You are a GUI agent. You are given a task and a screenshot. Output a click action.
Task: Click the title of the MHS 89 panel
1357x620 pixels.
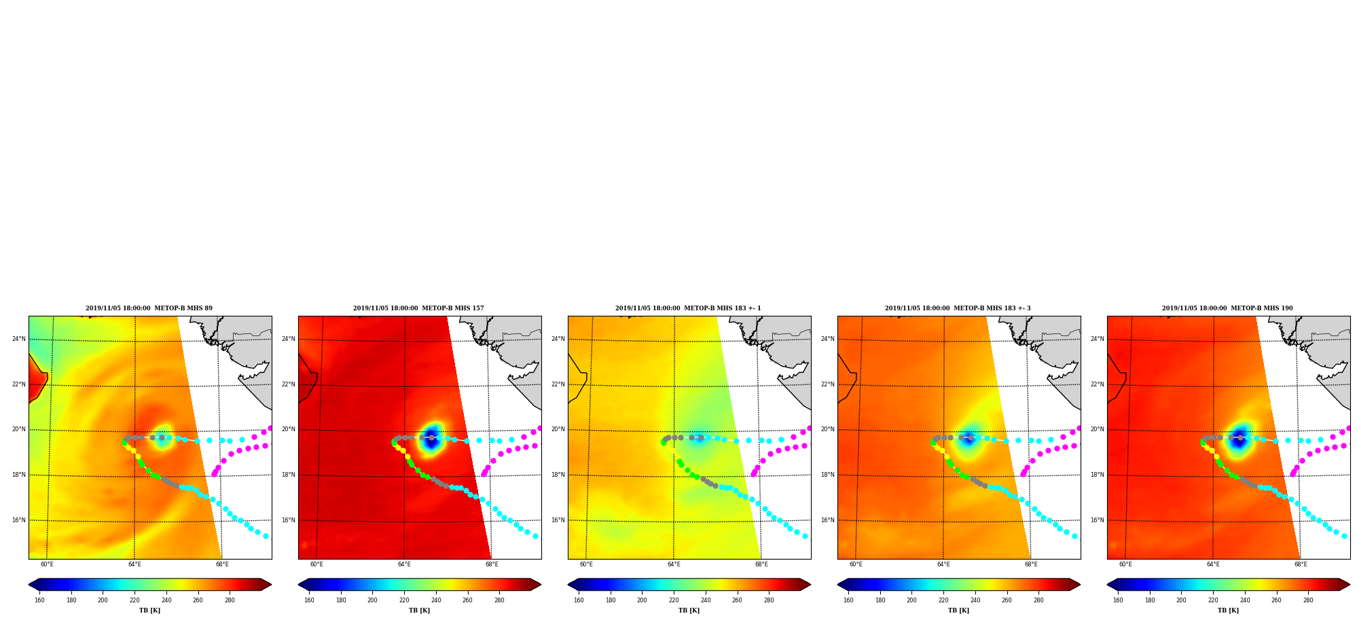(149, 308)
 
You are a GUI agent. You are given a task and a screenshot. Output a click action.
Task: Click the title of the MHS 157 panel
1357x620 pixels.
(418, 308)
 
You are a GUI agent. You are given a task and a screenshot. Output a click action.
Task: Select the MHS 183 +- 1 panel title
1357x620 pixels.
(688, 308)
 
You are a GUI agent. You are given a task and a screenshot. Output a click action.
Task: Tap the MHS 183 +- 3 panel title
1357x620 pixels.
(958, 308)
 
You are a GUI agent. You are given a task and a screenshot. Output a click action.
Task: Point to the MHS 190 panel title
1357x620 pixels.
(1227, 308)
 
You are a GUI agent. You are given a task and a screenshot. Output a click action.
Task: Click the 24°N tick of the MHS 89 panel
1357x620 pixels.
(19, 339)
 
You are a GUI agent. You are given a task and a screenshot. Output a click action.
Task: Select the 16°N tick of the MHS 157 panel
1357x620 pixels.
(289, 520)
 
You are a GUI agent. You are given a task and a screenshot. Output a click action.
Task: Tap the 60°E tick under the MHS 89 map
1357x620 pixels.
(47, 564)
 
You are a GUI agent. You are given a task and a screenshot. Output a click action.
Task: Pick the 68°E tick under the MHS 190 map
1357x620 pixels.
(1301, 564)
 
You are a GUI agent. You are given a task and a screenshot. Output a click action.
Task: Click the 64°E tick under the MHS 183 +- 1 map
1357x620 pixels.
(674, 564)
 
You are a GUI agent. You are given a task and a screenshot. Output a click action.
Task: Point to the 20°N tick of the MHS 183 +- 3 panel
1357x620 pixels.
(828, 429)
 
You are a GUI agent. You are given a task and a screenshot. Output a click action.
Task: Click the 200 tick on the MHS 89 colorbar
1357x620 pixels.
(103, 600)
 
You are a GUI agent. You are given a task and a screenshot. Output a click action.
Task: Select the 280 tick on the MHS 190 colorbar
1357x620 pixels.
(1308, 600)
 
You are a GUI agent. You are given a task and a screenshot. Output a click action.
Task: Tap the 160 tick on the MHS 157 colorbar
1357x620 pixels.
(309, 600)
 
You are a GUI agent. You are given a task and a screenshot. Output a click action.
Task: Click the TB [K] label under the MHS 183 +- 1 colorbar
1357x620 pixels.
(689, 610)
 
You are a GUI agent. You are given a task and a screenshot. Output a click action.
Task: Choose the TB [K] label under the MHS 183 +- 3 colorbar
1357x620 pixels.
(958, 610)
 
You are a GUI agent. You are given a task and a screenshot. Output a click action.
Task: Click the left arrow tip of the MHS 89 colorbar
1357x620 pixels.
(29, 585)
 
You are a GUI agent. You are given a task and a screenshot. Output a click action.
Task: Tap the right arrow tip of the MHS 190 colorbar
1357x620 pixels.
(1350, 585)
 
